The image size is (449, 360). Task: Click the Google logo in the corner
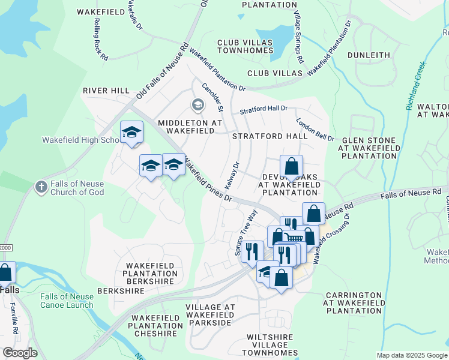point(20,353)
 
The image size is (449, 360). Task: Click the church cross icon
point(41,187)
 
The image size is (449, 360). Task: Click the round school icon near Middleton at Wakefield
point(197,106)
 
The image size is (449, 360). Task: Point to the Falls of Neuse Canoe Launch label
point(67,301)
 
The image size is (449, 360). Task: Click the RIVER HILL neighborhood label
point(106,91)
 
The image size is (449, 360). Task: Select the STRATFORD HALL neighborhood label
point(270,136)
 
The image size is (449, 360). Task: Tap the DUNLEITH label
point(369,55)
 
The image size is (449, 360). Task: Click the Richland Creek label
point(415,86)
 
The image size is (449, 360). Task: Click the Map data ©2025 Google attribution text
point(411,355)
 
